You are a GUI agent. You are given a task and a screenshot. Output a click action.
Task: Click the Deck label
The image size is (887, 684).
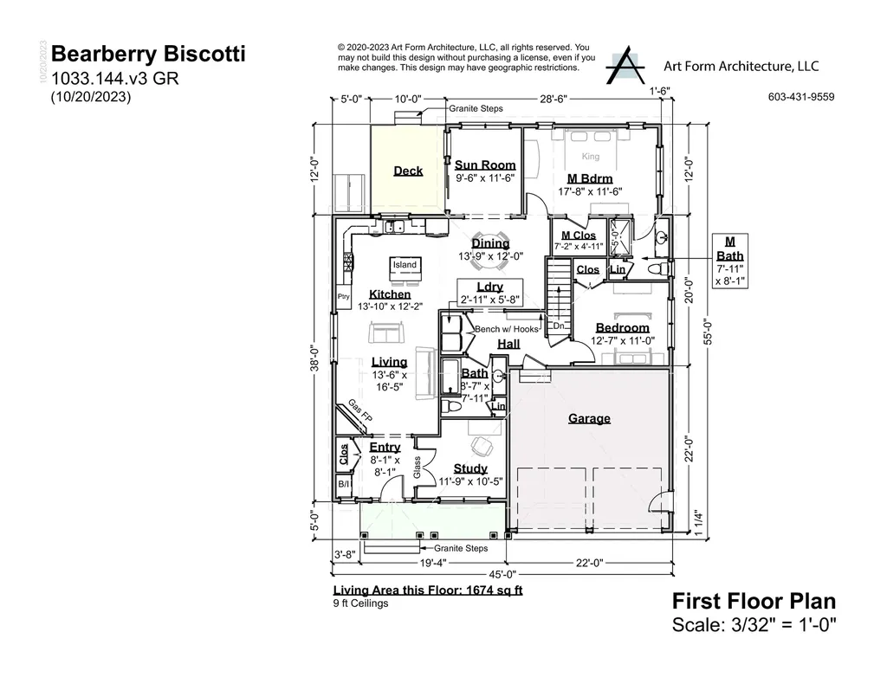click(x=408, y=171)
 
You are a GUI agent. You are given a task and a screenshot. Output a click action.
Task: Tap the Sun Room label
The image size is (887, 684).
click(x=485, y=165)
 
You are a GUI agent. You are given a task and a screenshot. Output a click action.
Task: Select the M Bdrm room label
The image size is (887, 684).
click(x=590, y=179)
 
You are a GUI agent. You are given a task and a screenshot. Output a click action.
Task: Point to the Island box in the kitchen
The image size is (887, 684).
click(x=405, y=265)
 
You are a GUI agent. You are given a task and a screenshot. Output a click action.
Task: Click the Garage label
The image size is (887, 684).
click(x=589, y=418)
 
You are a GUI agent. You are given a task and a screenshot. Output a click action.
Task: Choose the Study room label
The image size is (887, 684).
click(x=470, y=468)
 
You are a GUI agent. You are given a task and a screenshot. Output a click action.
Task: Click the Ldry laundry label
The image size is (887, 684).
click(x=489, y=287)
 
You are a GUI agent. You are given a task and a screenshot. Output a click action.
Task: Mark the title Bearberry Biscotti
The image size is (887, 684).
click(x=148, y=55)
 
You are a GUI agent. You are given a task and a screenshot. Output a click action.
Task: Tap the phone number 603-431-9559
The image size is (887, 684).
click(x=800, y=97)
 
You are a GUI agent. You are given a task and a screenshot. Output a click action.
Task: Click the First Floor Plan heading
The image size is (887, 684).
click(x=754, y=602)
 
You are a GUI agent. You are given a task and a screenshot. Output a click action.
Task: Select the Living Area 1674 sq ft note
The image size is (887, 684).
click(x=428, y=590)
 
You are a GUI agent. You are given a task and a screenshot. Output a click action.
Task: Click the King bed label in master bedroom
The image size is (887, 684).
click(x=590, y=157)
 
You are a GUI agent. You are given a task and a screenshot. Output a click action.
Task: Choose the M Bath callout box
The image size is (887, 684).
click(x=729, y=260)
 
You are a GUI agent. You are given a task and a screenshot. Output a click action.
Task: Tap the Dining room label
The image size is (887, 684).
click(x=490, y=244)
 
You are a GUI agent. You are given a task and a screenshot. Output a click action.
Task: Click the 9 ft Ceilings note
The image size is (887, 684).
click(x=360, y=603)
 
